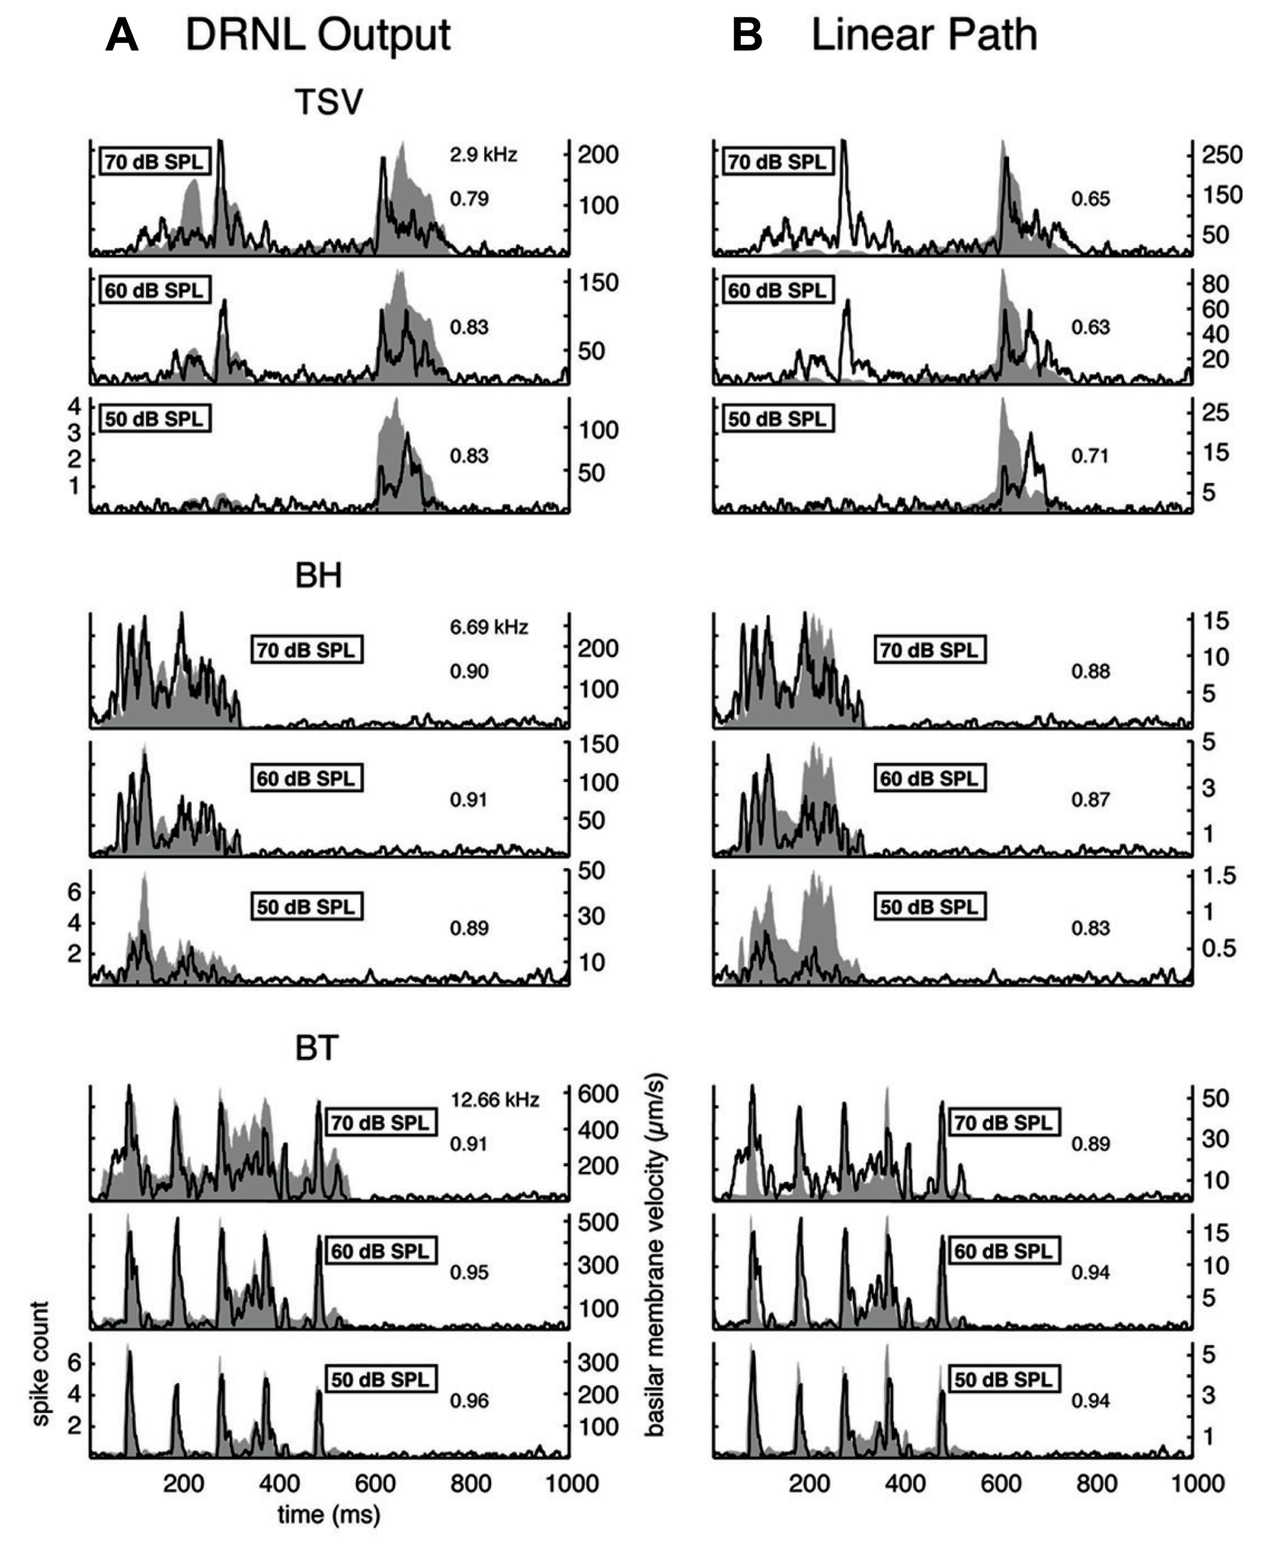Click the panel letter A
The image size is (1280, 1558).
[x=122, y=35]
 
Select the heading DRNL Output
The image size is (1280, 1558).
[x=317, y=35]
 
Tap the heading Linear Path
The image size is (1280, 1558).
[x=924, y=35]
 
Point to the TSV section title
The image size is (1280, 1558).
[x=329, y=102]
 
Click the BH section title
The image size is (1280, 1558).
[x=318, y=575]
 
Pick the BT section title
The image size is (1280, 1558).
[x=317, y=1048]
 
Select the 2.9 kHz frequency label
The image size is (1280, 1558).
[x=483, y=155]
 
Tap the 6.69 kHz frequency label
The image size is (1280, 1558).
[x=489, y=628]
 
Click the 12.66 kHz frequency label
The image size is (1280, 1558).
[x=495, y=1100]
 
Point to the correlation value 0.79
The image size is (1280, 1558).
[x=469, y=199]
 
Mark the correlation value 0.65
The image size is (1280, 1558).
[x=1090, y=199]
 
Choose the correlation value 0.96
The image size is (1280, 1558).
[x=469, y=1400]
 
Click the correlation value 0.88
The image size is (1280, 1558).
[x=1090, y=672]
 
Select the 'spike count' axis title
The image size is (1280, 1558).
[x=41, y=1364]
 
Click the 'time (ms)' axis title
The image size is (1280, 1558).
[x=329, y=1514]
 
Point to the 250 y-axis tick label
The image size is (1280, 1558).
[x=1222, y=155]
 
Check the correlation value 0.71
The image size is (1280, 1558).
[x=1090, y=456]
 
